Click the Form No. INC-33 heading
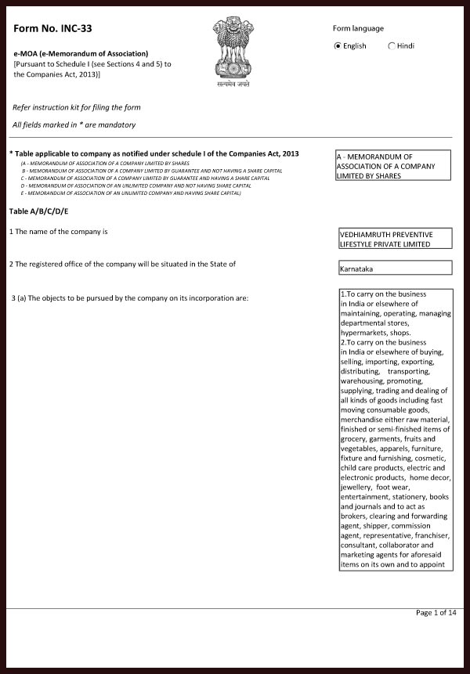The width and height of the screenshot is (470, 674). (47, 29)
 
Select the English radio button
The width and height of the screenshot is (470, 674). (338, 46)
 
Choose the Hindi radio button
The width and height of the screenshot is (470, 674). (392, 46)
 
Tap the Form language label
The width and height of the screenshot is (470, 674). (358, 28)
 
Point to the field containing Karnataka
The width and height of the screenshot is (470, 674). (393, 269)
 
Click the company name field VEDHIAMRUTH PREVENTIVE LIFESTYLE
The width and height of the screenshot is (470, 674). (393, 239)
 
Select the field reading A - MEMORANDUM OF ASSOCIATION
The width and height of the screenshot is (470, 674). (393, 166)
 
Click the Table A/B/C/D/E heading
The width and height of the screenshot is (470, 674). (39, 211)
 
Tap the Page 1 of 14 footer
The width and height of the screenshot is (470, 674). (436, 613)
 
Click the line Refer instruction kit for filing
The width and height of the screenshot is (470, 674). (77, 106)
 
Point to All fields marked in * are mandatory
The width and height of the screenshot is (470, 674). (74, 124)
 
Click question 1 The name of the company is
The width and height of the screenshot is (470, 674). (58, 232)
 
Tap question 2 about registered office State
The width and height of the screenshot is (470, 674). (122, 263)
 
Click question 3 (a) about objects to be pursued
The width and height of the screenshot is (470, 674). (129, 299)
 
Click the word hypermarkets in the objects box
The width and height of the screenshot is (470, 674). (367, 333)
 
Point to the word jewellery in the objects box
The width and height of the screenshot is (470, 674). (358, 486)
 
